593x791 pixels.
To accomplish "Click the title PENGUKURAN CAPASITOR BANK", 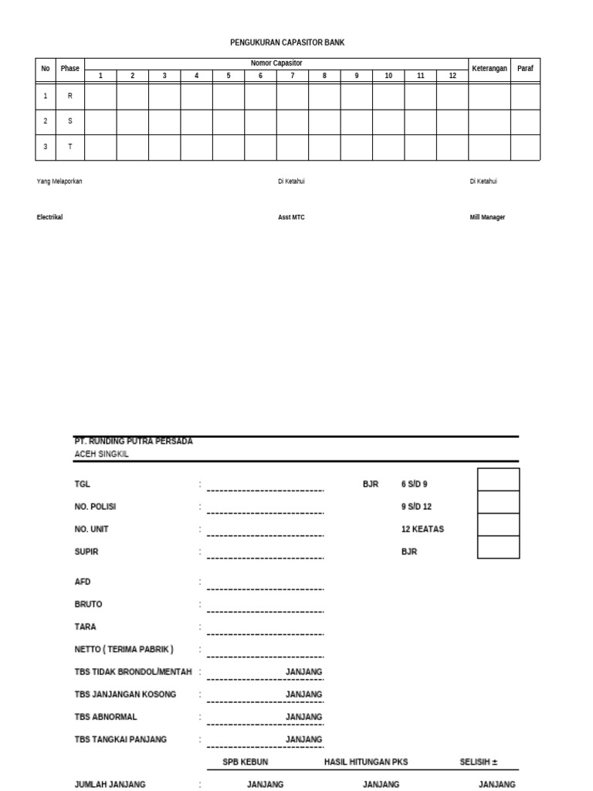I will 287,42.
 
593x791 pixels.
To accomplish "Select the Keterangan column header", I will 490,69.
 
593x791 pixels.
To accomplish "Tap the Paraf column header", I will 525,69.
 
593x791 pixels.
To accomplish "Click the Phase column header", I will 69,69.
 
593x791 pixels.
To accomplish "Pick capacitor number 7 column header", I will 293,76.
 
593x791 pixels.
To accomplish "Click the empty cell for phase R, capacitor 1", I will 100,97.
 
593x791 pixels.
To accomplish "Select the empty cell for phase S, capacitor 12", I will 452,122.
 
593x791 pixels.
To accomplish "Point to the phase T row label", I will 69,147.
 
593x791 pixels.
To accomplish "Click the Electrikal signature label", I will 49,218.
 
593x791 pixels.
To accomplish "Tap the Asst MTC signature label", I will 291,218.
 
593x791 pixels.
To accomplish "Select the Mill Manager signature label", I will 487,218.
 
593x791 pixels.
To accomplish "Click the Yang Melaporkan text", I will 59,182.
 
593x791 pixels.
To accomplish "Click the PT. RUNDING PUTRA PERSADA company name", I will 134,441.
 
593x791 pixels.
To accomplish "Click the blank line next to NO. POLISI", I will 265,511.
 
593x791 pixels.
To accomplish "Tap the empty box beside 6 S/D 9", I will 498,480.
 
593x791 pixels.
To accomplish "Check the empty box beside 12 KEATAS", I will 498,525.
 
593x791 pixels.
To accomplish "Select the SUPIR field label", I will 86,552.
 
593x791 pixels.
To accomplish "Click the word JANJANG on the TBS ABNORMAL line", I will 304,717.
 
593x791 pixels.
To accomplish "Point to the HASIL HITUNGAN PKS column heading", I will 366,762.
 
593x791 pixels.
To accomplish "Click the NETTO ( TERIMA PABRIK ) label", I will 124,650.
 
